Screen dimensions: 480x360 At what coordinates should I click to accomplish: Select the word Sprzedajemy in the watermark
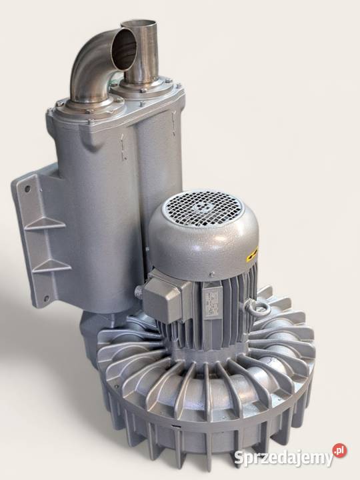(284, 458)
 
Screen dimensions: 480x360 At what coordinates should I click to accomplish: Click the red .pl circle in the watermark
(340, 450)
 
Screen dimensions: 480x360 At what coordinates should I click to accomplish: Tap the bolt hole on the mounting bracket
(27, 189)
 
